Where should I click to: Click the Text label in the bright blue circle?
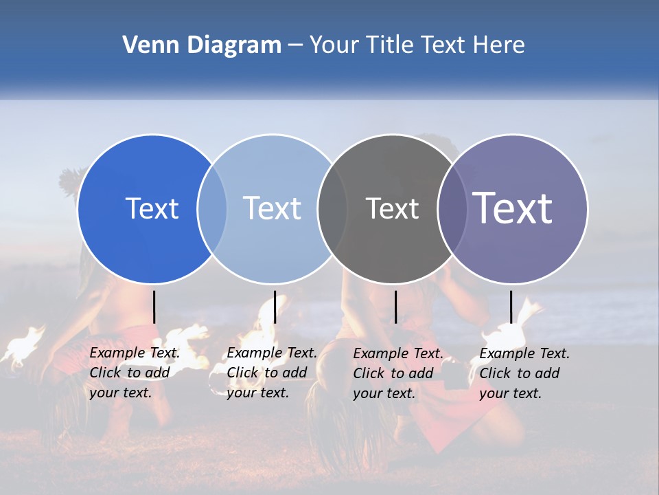pyautogui.click(x=152, y=208)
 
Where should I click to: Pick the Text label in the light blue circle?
pyautogui.click(x=272, y=208)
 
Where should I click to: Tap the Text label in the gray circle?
pyautogui.click(x=392, y=208)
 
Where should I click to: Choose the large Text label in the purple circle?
pyautogui.click(x=513, y=208)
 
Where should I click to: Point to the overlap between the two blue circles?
pyautogui.click(x=212, y=209)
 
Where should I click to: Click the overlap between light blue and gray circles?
pyautogui.click(x=332, y=209)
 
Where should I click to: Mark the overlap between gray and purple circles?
pyautogui.click(x=452, y=209)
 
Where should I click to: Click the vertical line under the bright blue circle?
pyautogui.click(x=154, y=307)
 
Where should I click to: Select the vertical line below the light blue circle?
pyautogui.click(x=275, y=307)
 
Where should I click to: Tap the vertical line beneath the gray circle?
pyautogui.click(x=395, y=307)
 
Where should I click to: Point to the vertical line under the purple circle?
pyautogui.click(x=511, y=307)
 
